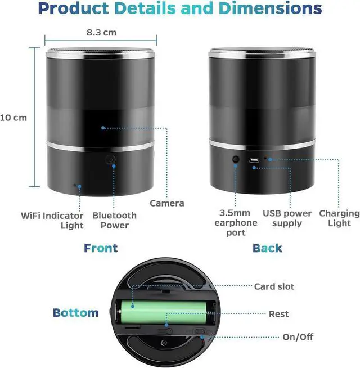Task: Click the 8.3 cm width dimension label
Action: pos(101,32)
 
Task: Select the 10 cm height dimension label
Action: pos(13,118)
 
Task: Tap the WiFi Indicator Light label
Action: pos(52,221)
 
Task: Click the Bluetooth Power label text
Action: pos(114,220)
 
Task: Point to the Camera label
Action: pos(166,203)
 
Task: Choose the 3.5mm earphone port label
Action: pos(238,223)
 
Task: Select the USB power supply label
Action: pos(287,218)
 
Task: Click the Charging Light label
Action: pos(339,218)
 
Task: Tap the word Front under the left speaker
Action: pos(101,248)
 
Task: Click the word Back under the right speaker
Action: pos(267,248)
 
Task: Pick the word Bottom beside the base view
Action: pos(75,313)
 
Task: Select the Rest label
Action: pos(279,313)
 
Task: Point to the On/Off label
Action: pos(298,338)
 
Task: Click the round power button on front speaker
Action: pos(111,160)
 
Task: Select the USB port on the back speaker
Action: pos(254,160)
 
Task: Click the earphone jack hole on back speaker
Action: pos(235,160)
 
